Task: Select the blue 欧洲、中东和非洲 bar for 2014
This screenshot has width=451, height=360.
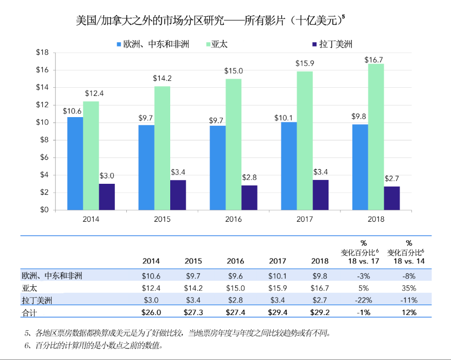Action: (75, 163)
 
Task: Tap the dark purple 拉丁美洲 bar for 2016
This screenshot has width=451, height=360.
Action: (249, 197)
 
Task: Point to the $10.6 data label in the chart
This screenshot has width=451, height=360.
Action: (72, 112)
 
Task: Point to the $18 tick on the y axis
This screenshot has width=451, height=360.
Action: (42, 53)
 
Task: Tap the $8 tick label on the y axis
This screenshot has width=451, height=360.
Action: (44, 140)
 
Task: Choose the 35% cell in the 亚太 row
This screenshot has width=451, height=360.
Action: (409, 287)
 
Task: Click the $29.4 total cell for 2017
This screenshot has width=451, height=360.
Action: (277, 312)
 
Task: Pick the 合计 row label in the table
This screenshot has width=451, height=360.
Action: (29, 312)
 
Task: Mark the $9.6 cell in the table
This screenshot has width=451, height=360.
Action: (236, 275)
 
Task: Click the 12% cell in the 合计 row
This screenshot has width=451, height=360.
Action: (409, 312)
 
